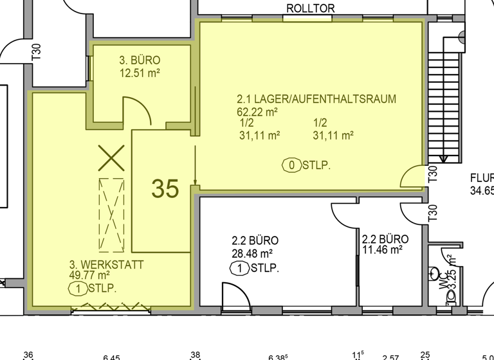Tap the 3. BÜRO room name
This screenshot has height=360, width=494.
coord(140,60)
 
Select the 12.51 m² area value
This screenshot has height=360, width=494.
coord(140,73)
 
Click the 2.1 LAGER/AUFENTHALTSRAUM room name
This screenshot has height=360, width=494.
coord(316,99)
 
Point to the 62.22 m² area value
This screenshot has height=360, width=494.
coord(257,111)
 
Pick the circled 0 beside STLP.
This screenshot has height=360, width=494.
coord(292,166)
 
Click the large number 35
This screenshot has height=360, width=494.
coord(165,188)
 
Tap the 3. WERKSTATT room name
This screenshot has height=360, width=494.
coord(106,264)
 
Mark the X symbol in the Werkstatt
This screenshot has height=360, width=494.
coord(111,157)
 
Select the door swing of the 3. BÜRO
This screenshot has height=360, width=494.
coord(138,111)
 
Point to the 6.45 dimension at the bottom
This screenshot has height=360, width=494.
coord(111,356)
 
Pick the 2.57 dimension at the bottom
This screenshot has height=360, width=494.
coord(390,356)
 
